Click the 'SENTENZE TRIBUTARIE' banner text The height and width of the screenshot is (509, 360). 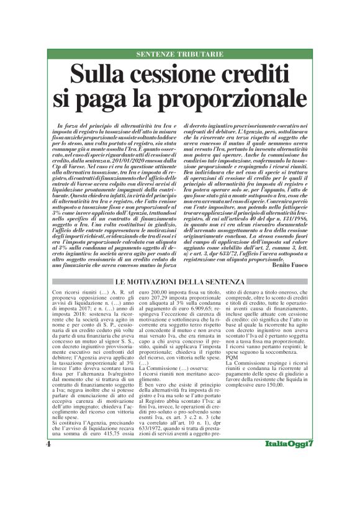[x=179, y=54]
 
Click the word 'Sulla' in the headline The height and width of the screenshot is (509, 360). [x=100, y=75]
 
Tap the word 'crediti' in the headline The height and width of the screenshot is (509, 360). [x=256, y=75]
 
